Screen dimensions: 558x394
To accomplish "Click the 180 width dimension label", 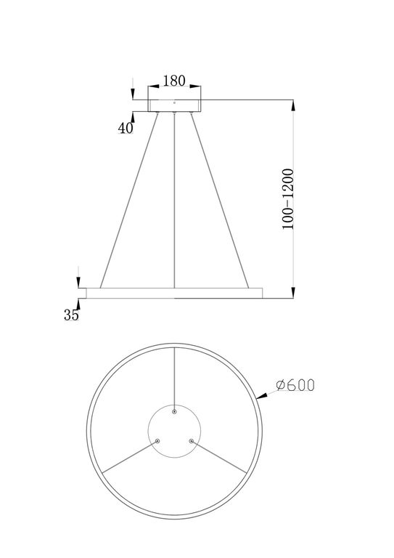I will pyautogui.click(x=173, y=81).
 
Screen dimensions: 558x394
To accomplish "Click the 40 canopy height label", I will pyautogui.click(x=125, y=128).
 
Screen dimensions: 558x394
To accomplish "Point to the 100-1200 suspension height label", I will pyautogui.click(x=288, y=199).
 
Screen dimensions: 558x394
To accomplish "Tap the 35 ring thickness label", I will pyautogui.click(x=70, y=315).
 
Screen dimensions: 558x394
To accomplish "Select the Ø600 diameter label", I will pyautogui.click(x=295, y=386).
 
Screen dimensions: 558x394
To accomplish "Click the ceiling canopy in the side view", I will pyautogui.click(x=174, y=106).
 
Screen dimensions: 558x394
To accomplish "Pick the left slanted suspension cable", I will pyautogui.click(x=129, y=200).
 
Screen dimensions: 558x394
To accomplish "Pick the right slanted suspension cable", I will pyautogui.click(x=219, y=200).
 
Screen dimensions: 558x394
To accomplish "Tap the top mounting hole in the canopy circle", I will pyautogui.click(x=174, y=412).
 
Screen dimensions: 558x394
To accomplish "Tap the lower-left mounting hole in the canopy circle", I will pyautogui.click(x=157, y=440).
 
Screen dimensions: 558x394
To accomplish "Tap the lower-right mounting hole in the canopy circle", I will pyautogui.click(x=191, y=440).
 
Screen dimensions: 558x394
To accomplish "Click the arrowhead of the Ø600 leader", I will pyautogui.click(x=258, y=396).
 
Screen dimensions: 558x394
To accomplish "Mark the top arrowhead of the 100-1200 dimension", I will pyautogui.click(x=293, y=106).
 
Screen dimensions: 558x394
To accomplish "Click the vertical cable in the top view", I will pyautogui.click(x=174, y=378).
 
